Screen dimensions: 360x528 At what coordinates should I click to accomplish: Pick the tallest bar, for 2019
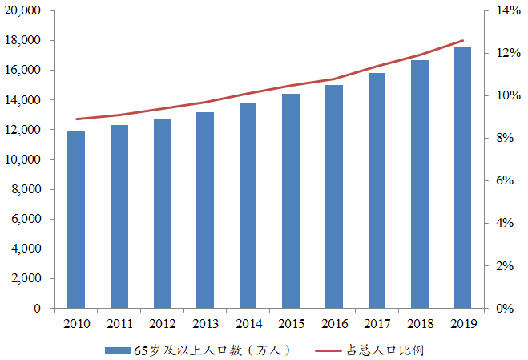[x=462, y=177]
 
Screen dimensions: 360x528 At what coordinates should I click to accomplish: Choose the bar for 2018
[x=420, y=184]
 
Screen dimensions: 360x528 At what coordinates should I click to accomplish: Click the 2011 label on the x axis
[x=119, y=323]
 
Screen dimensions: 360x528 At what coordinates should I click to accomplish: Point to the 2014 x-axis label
[x=248, y=323]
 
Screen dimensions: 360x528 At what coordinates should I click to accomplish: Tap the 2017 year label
[x=377, y=323]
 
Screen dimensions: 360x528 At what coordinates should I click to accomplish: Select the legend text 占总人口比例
[x=384, y=350]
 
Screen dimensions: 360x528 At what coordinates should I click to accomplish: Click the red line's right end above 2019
[x=462, y=40]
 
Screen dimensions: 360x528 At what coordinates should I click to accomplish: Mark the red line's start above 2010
[x=76, y=119]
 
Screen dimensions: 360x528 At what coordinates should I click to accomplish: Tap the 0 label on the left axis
[x=38, y=309]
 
